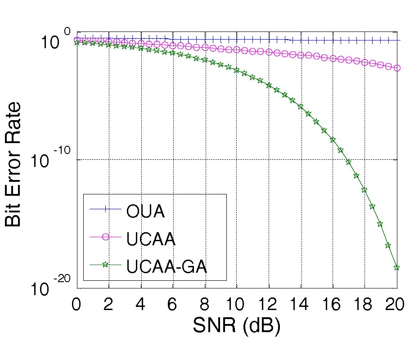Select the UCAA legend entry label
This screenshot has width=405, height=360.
click(151, 239)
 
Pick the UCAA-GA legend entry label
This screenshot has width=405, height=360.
click(167, 267)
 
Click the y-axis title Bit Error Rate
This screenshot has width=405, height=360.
click(13, 164)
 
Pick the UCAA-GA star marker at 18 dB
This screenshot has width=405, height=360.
click(364, 190)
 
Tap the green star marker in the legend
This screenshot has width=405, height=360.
click(105, 265)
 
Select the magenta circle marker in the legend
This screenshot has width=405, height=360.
click(105, 237)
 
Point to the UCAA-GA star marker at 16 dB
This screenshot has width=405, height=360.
click(333, 140)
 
